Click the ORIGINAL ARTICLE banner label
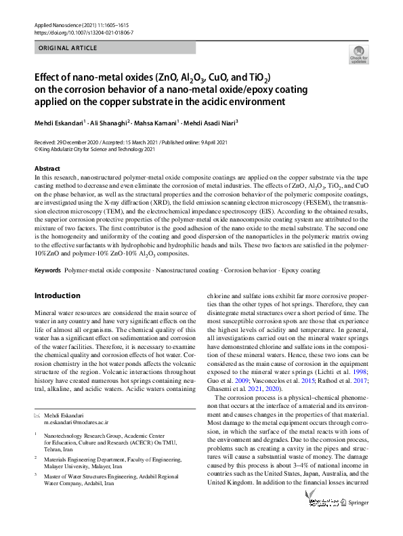[x=68, y=48]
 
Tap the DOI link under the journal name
[x=83, y=33]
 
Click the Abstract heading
[x=47, y=167]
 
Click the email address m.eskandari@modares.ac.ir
[x=76, y=421]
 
